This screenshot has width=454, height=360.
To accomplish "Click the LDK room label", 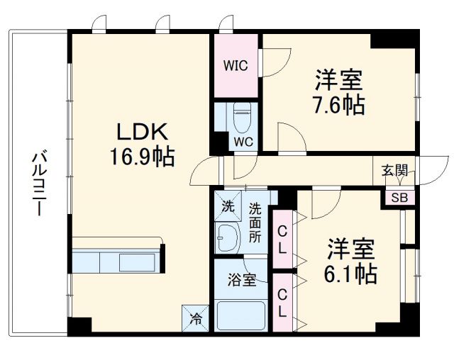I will tap(142, 131).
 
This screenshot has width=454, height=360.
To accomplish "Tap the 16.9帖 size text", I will tap(142, 155).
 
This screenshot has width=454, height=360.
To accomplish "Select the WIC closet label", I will tap(236, 66).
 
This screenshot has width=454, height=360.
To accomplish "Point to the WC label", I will tap(243, 140).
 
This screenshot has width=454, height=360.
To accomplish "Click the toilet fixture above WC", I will tap(243, 116).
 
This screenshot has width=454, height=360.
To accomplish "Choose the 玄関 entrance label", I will tap(394, 170).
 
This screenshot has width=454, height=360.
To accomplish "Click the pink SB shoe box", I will tap(399, 198).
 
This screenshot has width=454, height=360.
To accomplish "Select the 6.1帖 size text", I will tap(351, 273).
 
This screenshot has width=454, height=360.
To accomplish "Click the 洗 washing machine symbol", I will tap(227, 208).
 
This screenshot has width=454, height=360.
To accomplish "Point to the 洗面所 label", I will tap(255, 223).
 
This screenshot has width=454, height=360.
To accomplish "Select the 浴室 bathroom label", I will tap(242, 280).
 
